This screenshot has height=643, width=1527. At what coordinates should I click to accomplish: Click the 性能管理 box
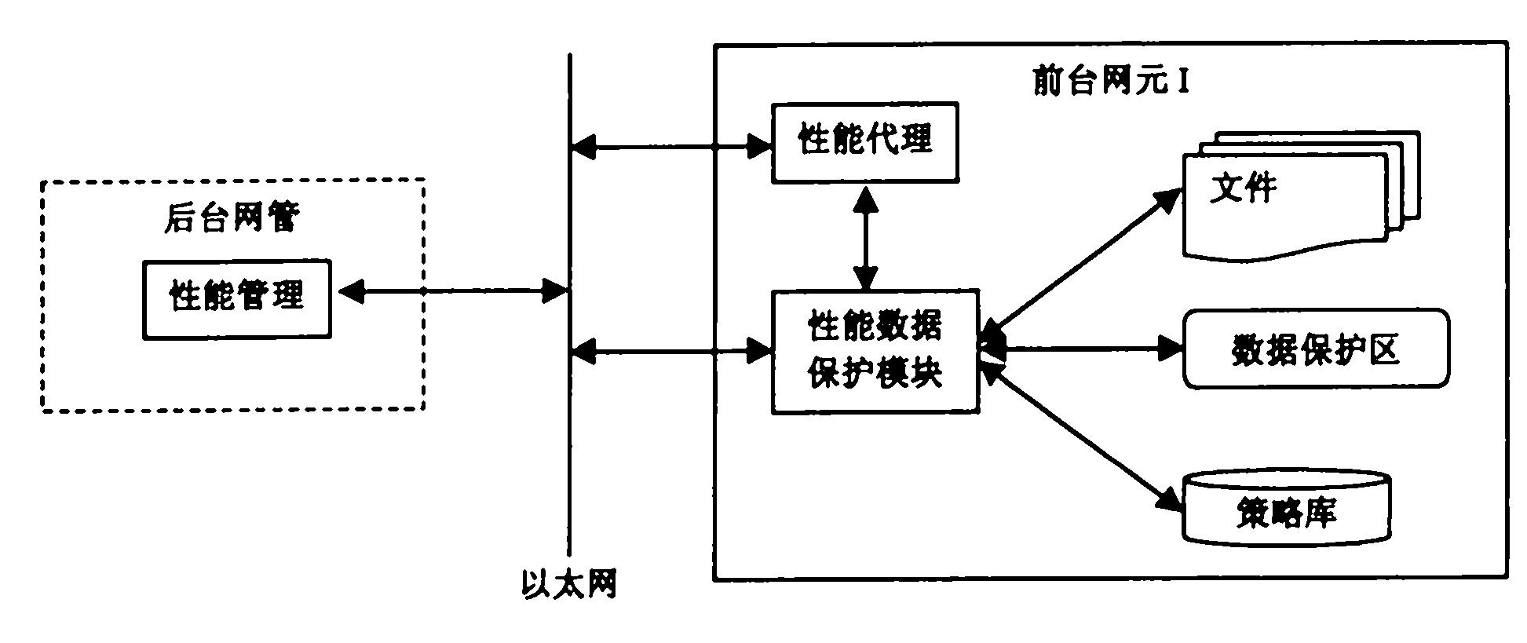tap(236, 298)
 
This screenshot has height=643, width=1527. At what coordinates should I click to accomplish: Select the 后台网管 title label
tap(232, 217)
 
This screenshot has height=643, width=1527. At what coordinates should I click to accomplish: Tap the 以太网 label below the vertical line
tap(569, 586)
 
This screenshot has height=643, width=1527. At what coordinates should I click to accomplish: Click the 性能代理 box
tap(864, 142)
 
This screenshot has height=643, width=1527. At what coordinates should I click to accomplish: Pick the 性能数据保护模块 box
tap(875, 351)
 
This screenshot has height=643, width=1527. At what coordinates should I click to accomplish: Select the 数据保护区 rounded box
tap(1316, 349)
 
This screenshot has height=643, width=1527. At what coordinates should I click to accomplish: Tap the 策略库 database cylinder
tap(1286, 509)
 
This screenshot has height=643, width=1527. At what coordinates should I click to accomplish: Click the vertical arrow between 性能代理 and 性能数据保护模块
tap(866, 238)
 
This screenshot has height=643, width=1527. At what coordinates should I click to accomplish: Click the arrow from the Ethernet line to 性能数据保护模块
tap(671, 352)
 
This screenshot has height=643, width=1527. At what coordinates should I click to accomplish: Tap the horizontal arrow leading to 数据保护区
tap(1083, 347)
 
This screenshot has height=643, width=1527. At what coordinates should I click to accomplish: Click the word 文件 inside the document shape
tap(1243, 188)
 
